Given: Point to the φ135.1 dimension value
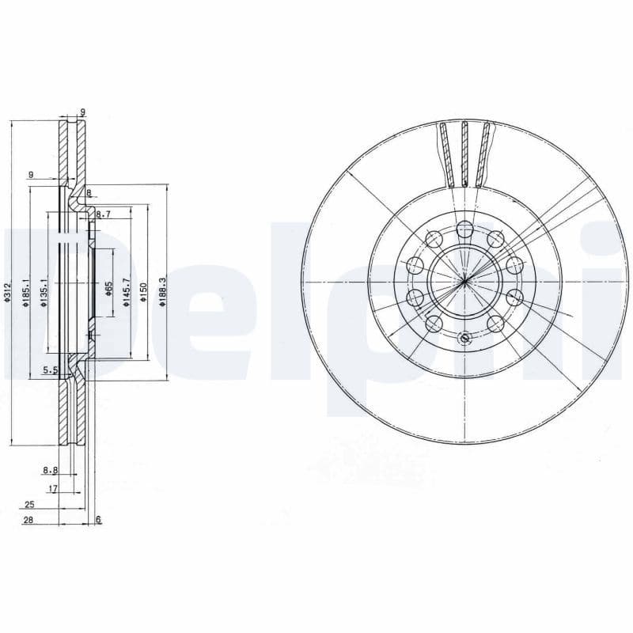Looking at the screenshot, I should coord(44,290).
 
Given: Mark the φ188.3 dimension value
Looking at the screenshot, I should coord(162,290).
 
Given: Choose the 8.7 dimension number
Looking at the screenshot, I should coord(103,214).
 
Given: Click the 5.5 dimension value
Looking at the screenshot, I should coord(50,370).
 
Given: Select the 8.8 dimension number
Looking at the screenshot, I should coord(50,470).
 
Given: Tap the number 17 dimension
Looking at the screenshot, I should coord(52,489).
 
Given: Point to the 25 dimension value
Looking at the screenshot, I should coord(29,504).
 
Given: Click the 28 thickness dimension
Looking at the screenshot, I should coord(29,520).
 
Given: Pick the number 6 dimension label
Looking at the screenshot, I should coord(98,519).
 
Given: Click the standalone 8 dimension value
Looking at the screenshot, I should coord(89,192).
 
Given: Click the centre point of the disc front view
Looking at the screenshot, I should coord(464,281).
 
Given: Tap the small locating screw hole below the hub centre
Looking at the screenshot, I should coord(464,339).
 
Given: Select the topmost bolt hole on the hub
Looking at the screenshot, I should coord(464,229).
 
